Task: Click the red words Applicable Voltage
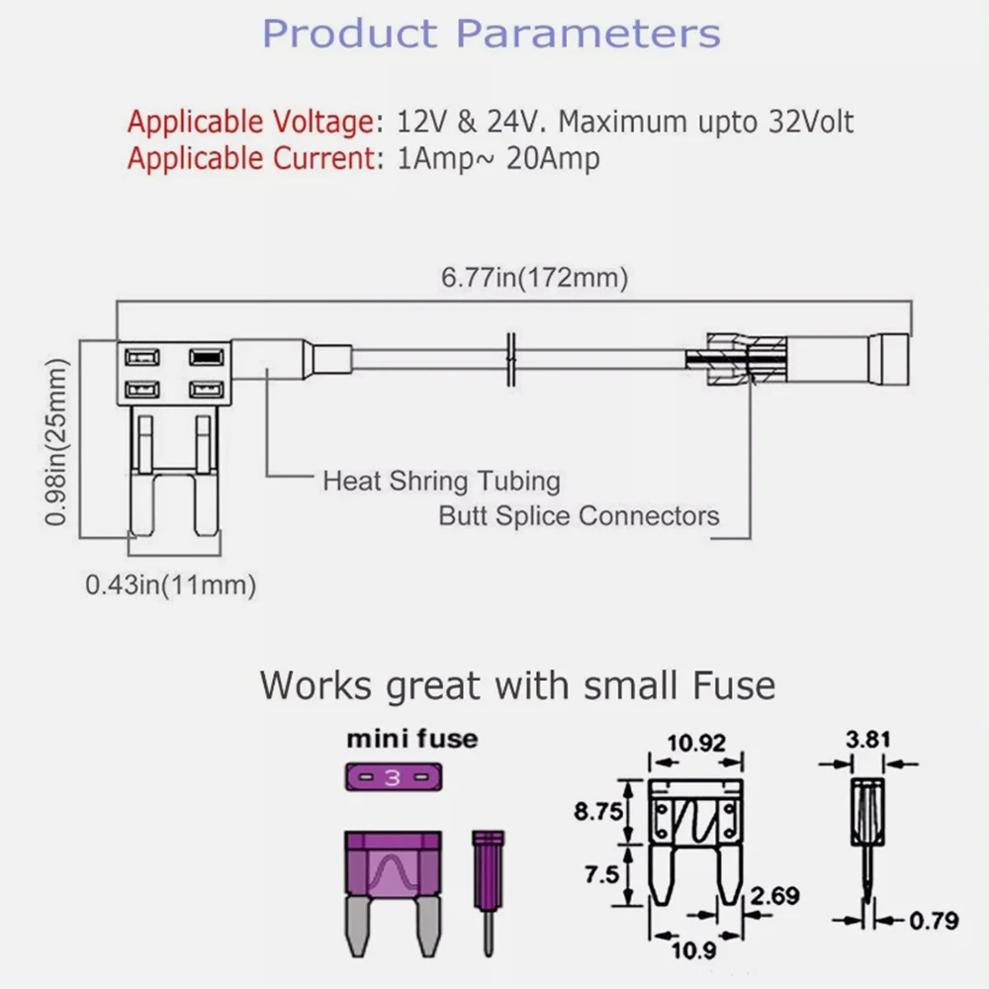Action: point(248,124)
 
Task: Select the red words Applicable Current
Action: point(248,158)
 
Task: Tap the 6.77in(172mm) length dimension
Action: point(534,279)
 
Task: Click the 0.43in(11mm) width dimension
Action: point(170,584)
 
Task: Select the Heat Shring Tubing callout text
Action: point(441,482)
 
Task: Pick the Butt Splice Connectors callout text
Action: point(579,515)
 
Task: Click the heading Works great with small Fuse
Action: point(517,684)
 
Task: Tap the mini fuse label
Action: point(411,739)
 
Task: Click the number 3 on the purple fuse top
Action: point(393,778)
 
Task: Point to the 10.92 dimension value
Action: point(696,743)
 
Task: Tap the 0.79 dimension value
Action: point(933,921)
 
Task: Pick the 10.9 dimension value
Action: point(695,951)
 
